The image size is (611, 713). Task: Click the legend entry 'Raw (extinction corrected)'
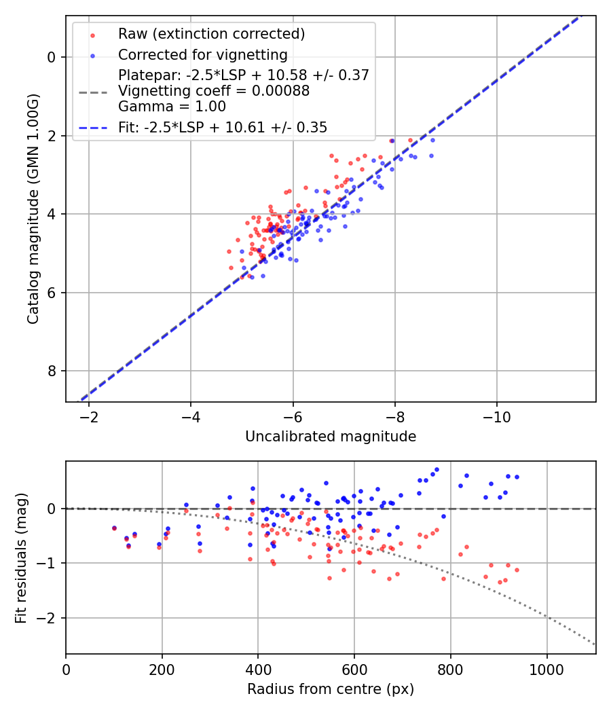[x=211, y=34]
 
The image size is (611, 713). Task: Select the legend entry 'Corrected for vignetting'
[x=202, y=54]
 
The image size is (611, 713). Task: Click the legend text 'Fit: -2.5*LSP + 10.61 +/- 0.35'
[x=223, y=127]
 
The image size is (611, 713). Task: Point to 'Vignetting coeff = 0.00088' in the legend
[x=214, y=91]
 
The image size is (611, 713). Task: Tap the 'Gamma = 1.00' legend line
[x=172, y=107]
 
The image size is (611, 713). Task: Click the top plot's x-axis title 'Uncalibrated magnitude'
[x=331, y=437]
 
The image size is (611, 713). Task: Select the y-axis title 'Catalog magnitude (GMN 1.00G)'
[x=33, y=208]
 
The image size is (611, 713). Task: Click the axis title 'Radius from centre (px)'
[x=331, y=689]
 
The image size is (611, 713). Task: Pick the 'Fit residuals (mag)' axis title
[x=21, y=557]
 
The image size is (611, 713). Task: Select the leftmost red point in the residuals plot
[x=114, y=528]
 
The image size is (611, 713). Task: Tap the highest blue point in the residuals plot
[x=437, y=469]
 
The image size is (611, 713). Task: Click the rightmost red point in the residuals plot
[x=517, y=570]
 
